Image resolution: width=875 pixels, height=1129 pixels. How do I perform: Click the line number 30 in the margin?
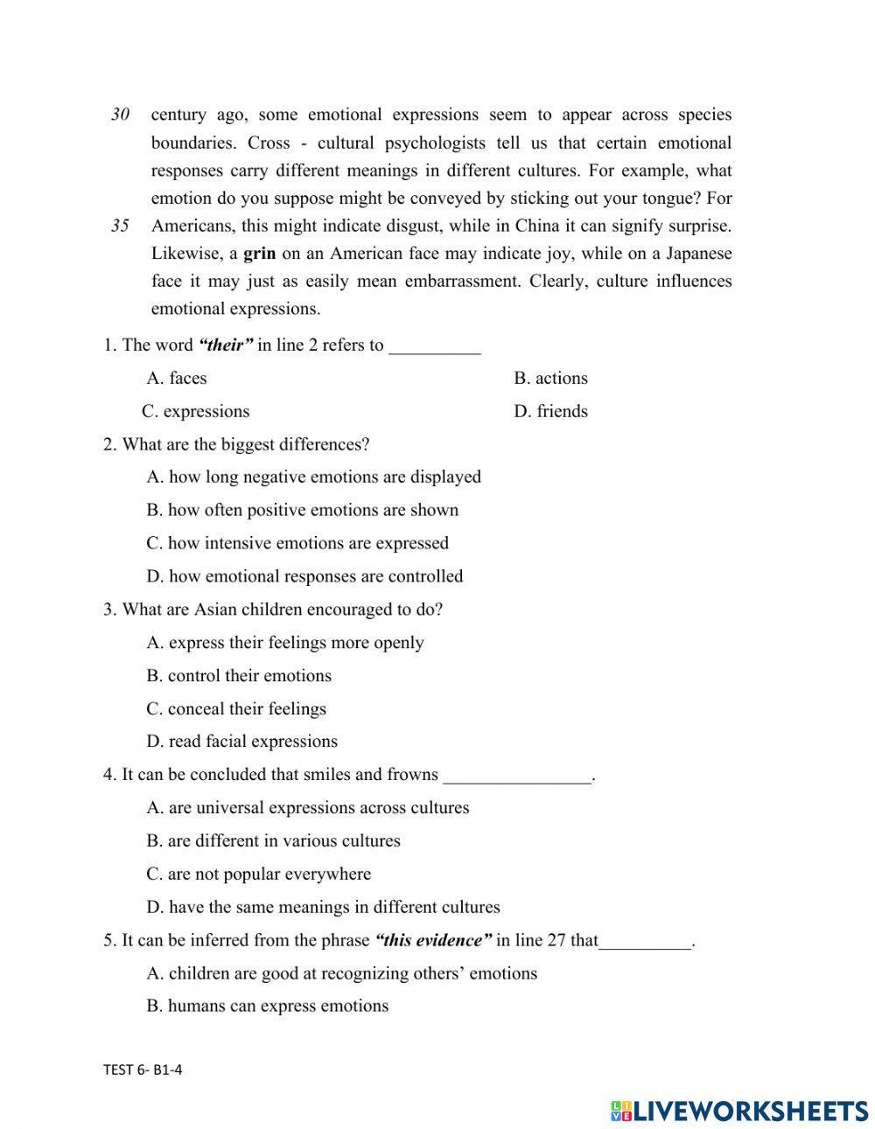(121, 115)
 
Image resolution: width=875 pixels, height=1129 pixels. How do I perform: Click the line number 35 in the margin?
(121, 226)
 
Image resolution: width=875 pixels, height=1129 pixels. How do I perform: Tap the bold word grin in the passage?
(259, 254)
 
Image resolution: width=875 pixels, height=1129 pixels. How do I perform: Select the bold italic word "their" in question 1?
(225, 345)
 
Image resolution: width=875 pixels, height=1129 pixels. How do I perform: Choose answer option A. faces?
(177, 379)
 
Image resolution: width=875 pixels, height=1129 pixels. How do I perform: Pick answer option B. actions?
(550, 379)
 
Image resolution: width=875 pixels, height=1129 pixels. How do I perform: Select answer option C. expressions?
(196, 412)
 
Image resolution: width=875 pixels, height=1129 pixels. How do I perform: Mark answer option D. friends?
(550, 412)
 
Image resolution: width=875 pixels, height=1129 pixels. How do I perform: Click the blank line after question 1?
(434, 347)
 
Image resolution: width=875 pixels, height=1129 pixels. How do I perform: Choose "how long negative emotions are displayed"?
(314, 477)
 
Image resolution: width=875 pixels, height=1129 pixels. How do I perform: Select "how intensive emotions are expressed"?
(297, 543)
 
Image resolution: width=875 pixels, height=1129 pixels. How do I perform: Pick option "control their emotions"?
(239, 676)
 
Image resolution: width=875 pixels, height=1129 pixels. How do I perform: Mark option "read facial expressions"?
(241, 742)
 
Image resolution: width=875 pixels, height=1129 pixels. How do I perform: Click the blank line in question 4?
(517, 777)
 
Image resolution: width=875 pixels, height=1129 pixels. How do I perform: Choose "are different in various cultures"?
(273, 841)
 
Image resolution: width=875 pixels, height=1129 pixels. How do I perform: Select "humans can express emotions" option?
(267, 1007)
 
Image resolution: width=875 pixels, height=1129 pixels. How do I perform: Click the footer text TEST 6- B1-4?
(143, 1070)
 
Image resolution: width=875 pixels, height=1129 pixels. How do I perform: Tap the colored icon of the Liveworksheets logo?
(621, 1111)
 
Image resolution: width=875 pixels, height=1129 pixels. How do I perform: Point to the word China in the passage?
(536, 226)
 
